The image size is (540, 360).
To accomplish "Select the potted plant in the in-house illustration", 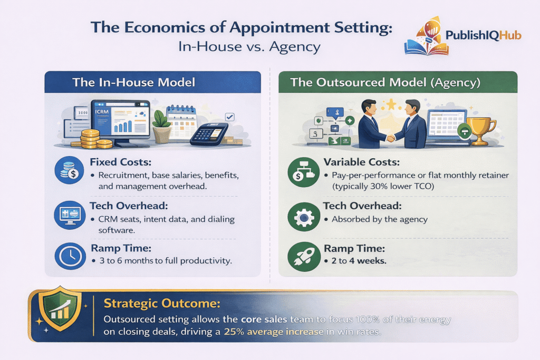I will tap(161, 125).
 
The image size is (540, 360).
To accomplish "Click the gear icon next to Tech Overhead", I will tap(300, 216).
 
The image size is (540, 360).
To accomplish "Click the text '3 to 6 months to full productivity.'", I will tap(162, 260).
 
